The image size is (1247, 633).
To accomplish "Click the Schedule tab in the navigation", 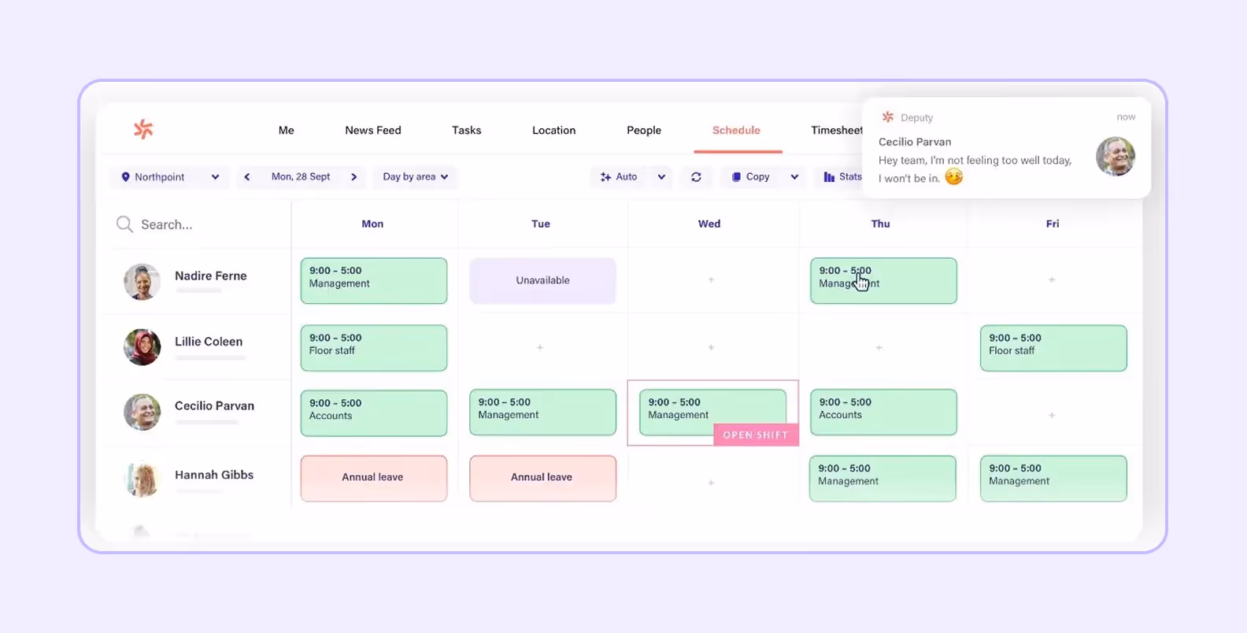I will click(x=736, y=131).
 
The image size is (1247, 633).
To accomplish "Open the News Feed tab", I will click(x=372, y=131).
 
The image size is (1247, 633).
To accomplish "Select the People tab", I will click(x=643, y=131).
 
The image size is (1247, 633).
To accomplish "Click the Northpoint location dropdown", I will click(x=169, y=177).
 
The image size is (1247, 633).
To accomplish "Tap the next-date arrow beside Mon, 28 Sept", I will click(x=354, y=177).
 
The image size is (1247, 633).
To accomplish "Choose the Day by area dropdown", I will click(x=415, y=177).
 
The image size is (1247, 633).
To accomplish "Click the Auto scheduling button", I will click(x=620, y=177).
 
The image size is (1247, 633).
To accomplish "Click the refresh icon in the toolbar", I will click(x=696, y=177).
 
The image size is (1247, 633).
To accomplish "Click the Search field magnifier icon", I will click(x=124, y=224).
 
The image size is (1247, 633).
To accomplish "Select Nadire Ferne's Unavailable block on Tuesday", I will click(x=542, y=280).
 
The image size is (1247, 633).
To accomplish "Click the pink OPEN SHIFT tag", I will click(x=755, y=435).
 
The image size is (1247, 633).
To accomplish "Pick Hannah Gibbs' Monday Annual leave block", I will click(x=373, y=478).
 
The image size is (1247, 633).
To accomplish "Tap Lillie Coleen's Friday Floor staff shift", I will click(x=1053, y=347).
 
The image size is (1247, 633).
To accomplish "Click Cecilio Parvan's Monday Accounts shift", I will click(x=373, y=413).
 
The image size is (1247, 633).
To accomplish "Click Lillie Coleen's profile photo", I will click(x=142, y=347).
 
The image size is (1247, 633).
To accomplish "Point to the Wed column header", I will click(x=709, y=224).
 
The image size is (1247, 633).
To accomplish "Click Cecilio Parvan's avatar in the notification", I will click(x=1115, y=156).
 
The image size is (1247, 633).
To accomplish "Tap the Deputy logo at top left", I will click(x=143, y=129).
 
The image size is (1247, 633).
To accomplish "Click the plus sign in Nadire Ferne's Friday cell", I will click(x=1052, y=280).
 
